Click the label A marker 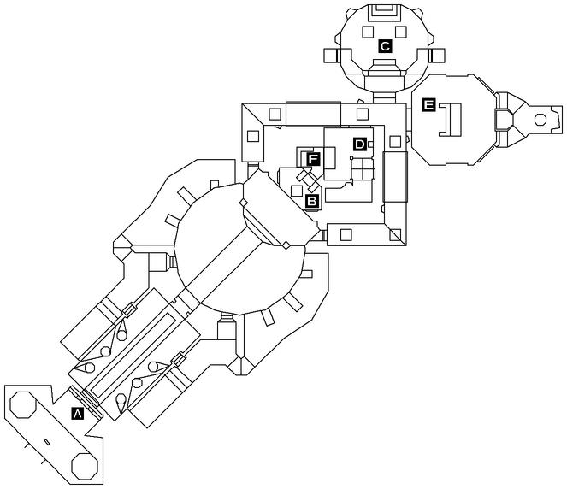78,413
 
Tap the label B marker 312,201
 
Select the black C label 385,46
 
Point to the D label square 360,144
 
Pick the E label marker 429,105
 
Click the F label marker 313,159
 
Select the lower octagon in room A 84,466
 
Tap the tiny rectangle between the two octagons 46,441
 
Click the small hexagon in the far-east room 541,121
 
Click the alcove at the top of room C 385,11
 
